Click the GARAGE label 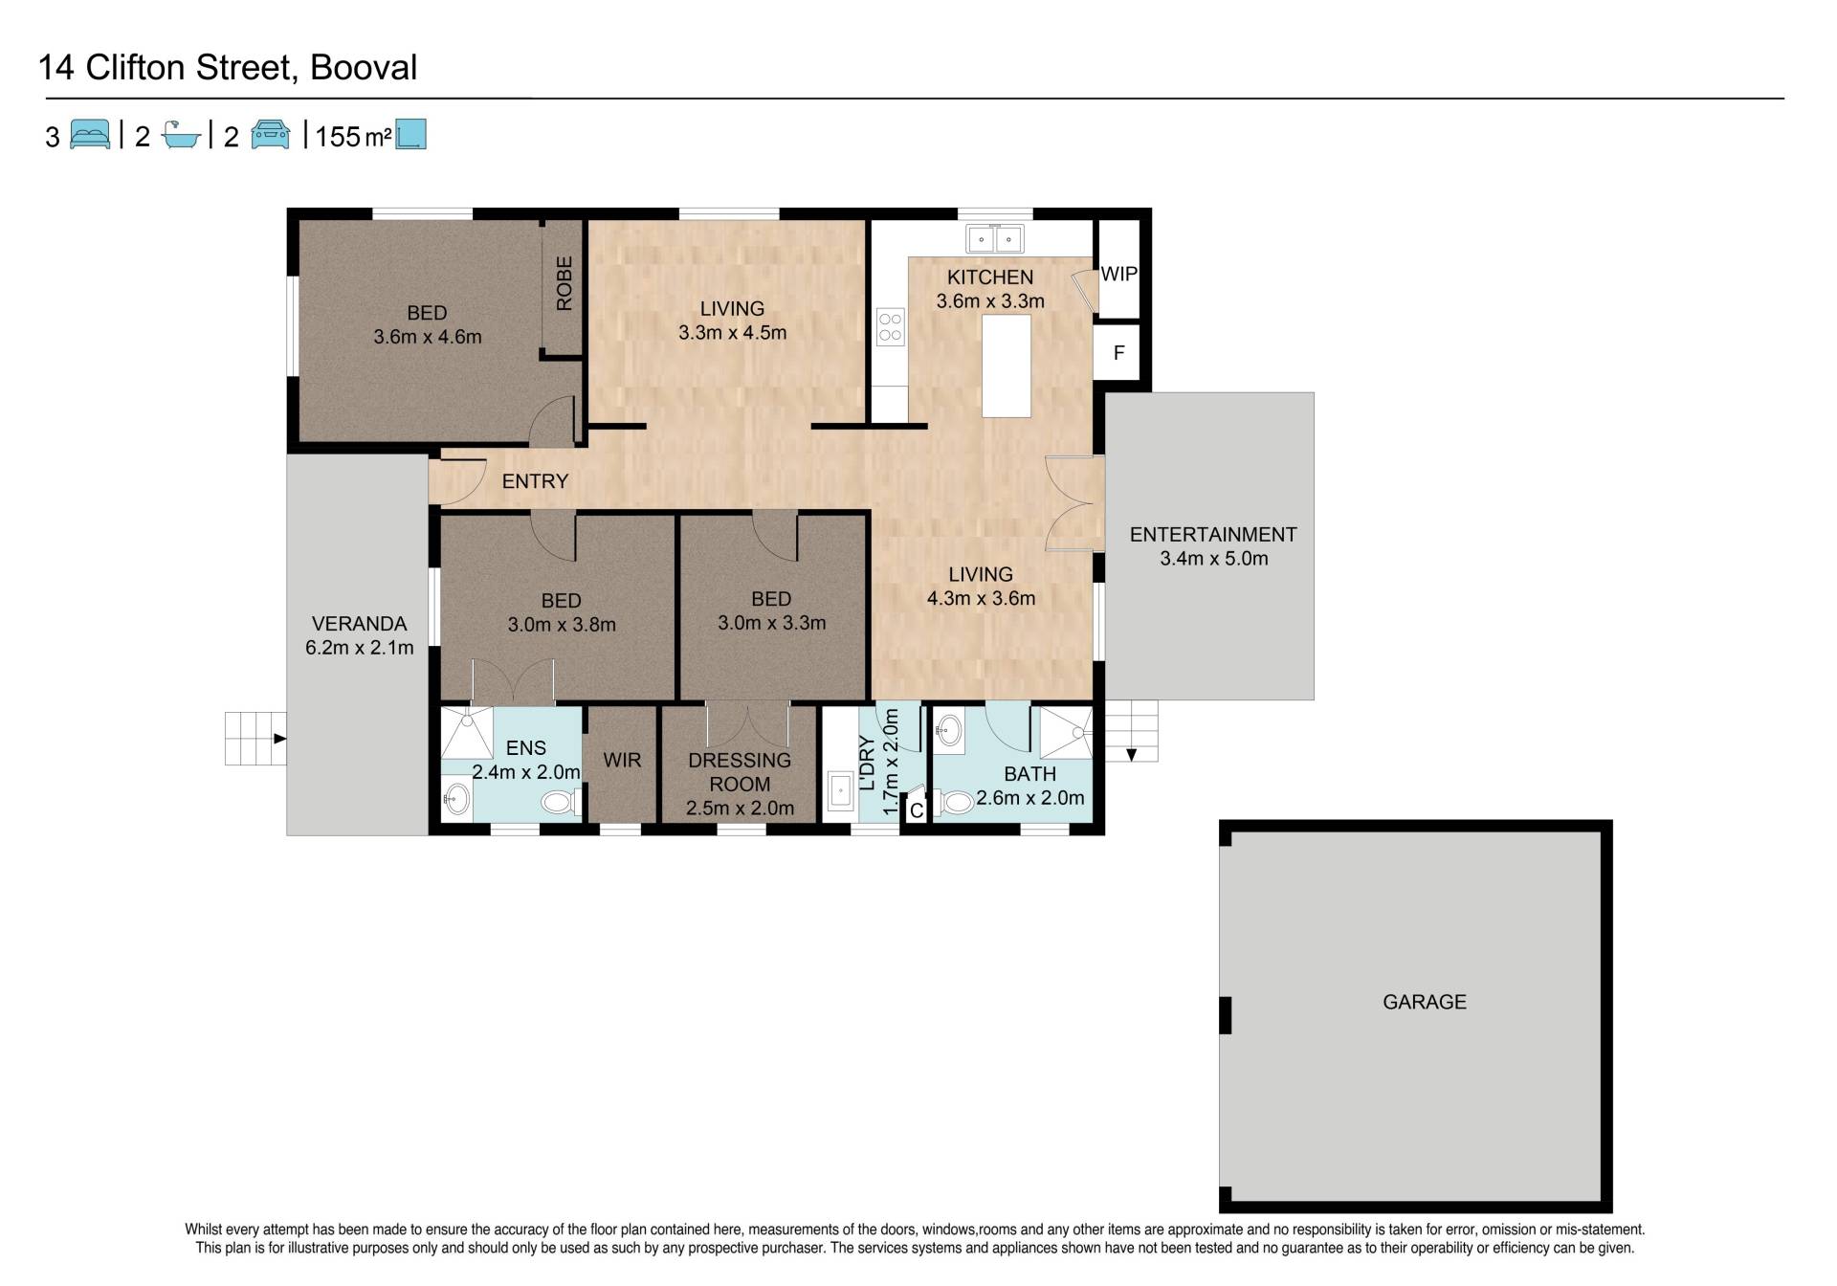coord(1424,1002)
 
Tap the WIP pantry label coord(1118,274)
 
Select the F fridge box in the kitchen coord(1118,353)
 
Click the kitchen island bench coord(1007,366)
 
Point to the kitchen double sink coord(995,238)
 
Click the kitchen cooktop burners coord(891,326)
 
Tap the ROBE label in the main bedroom coord(564,283)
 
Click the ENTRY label coord(535,481)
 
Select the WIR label coord(622,760)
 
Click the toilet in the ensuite coord(561,802)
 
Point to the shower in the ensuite coord(467,732)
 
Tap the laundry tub coord(840,791)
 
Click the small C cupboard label coord(916,811)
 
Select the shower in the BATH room coord(1066,733)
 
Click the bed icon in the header coord(91,135)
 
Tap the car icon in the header coord(271,135)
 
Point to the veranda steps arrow coord(279,739)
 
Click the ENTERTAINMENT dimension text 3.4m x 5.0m coord(1213,559)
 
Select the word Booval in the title coord(364,68)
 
